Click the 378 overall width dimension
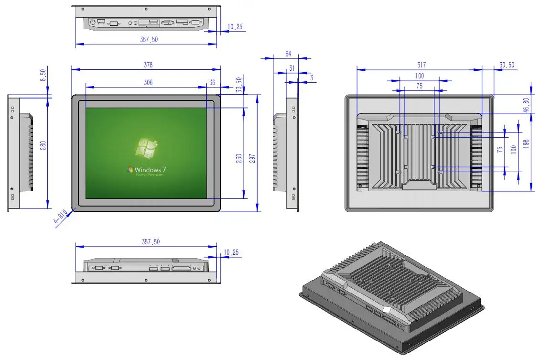(149, 65)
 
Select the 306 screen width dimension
(148, 83)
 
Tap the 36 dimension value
(212, 83)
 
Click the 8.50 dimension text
(43, 75)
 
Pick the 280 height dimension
(43, 146)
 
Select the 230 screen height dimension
(238, 158)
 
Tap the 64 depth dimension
(288, 54)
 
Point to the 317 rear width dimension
(421, 65)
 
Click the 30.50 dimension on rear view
(507, 65)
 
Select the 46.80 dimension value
(526, 105)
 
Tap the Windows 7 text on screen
(150, 170)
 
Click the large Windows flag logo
(147, 148)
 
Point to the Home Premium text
(149, 175)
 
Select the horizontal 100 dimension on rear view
(419, 76)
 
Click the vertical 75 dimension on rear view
(500, 149)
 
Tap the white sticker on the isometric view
(386, 311)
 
